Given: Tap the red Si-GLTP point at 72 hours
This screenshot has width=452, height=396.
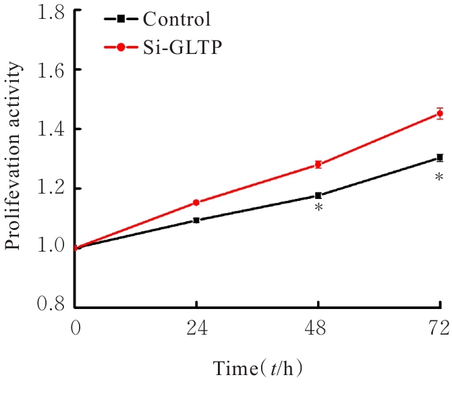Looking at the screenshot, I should tap(440, 113).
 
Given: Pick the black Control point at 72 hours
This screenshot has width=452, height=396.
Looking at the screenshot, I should tap(440, 158).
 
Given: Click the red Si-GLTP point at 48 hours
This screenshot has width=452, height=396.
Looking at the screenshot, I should tap(318, 165).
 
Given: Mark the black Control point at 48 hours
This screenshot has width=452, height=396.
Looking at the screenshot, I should tap(318, 196).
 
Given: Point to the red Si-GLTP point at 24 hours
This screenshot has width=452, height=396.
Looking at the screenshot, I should tap(196, 202).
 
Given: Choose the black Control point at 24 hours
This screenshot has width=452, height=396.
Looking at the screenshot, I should tap(196, 220).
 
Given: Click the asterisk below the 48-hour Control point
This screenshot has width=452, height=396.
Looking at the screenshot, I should tap(318, 209).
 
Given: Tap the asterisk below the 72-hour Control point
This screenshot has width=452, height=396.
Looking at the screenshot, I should tap(440, 177).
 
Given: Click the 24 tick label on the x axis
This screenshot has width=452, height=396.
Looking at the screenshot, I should tap(196, 329).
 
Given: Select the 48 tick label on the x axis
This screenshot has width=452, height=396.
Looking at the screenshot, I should tap(318, 329).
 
